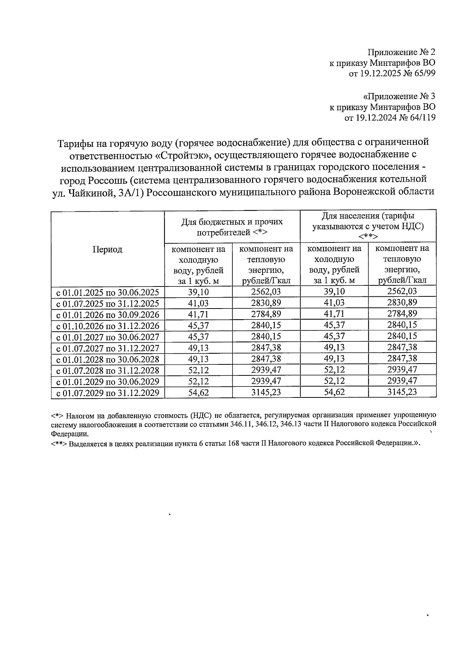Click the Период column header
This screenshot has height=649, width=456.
[108, 249]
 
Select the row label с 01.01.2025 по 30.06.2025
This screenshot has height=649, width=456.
[108, 292]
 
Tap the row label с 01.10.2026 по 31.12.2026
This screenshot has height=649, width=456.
[108, 326]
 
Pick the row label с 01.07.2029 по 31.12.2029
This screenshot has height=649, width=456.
[108, 393]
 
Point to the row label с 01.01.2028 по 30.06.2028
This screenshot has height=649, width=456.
[108, 359]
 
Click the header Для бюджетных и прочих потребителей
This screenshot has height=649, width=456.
[232, 227]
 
